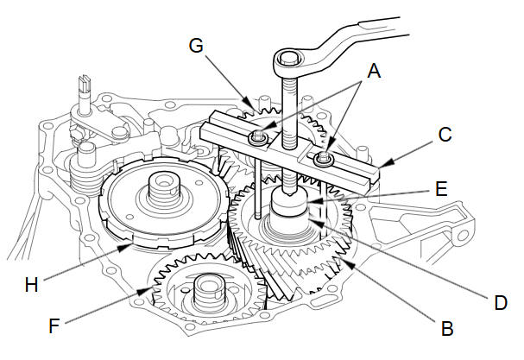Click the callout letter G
coord(196,45)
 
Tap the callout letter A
coord(374,71)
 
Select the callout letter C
coord(445,135)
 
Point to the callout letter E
coord(441,189)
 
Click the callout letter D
coord(501,302)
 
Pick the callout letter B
coord(447,328)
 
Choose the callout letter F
coord(54,326)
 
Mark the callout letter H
coord(31,285)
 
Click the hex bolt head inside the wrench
coord(289,60)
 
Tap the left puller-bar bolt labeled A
coord(257,137)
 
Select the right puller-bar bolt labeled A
coord(323,158)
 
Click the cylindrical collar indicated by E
coord(289,201)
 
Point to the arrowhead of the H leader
coord(126,248)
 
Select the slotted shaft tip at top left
coord(84,83)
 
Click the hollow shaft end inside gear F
coord(208,288)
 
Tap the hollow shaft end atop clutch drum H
coord(163,183)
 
